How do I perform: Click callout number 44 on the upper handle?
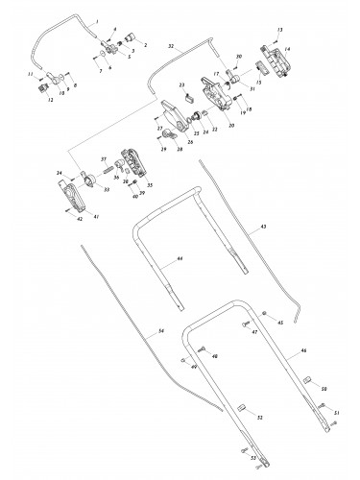coord(179,260)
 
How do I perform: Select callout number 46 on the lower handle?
coord(305,353)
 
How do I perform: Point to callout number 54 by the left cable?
coord(160,330)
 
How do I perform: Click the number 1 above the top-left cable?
coord(97,19)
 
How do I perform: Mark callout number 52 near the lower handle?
coord(257,417)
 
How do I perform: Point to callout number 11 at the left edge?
coord(31,73)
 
